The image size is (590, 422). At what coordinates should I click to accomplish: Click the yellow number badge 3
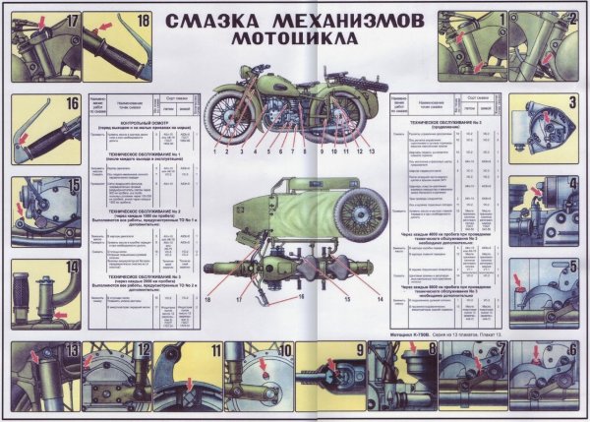click(x=570, y=101)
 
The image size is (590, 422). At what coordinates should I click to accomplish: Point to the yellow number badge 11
click(x=214, y=351)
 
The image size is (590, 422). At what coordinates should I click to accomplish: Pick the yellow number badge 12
click(x=144, y=351)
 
